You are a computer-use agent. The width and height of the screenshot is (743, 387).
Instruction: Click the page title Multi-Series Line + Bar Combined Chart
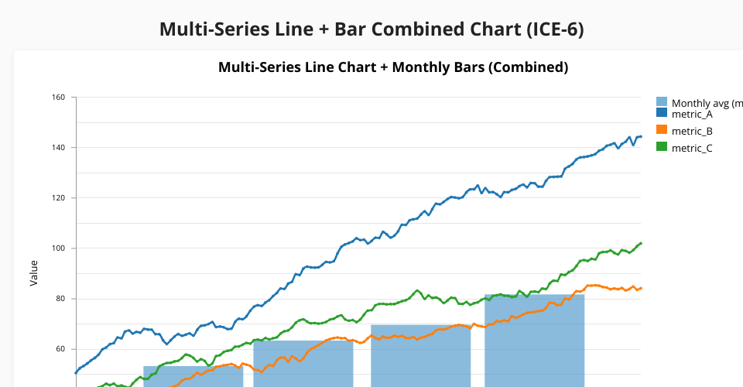click(x=371, y=29)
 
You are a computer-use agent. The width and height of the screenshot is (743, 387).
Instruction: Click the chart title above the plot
click(x=393, y=67)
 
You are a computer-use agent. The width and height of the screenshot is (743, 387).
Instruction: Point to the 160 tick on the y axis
click(x=59, y=98)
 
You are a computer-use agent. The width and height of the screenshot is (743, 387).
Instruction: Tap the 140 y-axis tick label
click(x=59, y=148)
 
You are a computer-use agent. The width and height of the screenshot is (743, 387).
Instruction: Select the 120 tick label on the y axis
click(x=59, y=198)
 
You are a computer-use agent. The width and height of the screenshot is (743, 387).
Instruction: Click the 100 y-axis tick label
click(x=59, y=248)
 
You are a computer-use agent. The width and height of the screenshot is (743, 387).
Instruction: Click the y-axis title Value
click(x=34, y=273)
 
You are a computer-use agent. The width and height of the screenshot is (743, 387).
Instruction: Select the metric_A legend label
click(x=692, y=115)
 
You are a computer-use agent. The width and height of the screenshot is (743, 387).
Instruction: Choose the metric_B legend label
click(x=692, y=131)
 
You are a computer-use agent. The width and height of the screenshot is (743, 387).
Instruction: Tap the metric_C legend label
click(x=692, y=148)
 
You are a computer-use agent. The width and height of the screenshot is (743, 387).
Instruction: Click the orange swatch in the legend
click(x=662, y=130)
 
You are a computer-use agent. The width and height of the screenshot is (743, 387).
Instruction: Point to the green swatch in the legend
click(x=662, y=147)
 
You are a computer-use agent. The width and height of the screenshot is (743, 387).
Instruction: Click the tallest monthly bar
click(x=534, y=341)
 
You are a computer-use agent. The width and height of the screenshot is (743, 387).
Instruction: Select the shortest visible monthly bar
click(x=193, y=376)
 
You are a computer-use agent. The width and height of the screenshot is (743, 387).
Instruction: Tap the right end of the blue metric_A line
click(x=641, y=136)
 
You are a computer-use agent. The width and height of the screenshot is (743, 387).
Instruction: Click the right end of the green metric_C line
click(x=641, y=243)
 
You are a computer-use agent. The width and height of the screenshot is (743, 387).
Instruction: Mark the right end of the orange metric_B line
click(x=641, y=288)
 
